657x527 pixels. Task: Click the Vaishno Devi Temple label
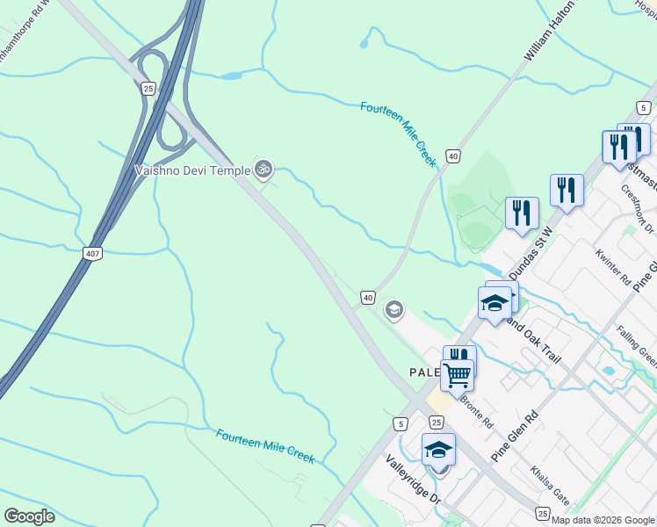pos(193,170)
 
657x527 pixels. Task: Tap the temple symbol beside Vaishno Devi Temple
pos(263,169)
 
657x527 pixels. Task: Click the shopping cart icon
pos(457,375)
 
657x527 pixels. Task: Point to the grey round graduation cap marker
pos(394,309)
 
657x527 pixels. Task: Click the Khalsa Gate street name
pos(550,487)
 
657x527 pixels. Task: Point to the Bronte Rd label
pos(477,410)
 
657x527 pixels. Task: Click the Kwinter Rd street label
pos(612,269)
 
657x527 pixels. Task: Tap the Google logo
pos(29,516)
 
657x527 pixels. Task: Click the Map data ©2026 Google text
pos(602,520)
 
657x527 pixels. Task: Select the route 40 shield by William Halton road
pos(452,155)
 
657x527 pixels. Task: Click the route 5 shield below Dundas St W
pos(401,423)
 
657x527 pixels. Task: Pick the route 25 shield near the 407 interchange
pos(148,88)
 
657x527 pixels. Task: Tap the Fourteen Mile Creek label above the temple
pos(398,134)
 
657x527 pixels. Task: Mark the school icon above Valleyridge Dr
pos(438,450)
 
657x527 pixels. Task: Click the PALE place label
pos(425,372)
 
